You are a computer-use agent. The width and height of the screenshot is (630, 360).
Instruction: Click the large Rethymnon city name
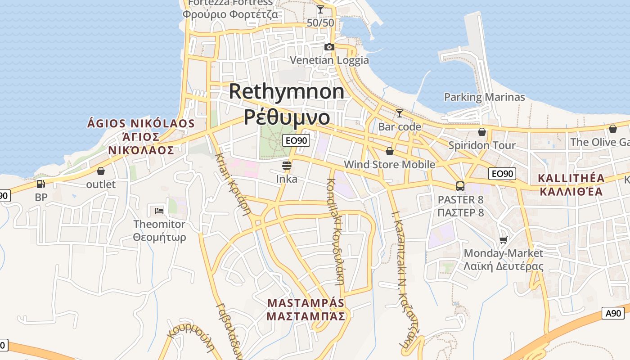[x=287, y=91]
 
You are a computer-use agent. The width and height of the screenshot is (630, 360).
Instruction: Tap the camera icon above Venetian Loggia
[x=329, y=47]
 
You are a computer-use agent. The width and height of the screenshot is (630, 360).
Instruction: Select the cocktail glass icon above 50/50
[x=320, y=9]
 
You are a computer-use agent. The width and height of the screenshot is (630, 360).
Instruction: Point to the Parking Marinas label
[x=484, y=97]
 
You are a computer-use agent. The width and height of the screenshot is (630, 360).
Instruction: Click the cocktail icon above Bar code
[x=399, y=113]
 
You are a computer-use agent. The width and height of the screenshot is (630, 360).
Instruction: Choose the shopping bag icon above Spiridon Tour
[x=482, y=132]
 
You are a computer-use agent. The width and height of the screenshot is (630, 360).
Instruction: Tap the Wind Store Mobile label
[x=389, y=164]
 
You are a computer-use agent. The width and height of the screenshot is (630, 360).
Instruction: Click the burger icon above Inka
[x=287, y=165]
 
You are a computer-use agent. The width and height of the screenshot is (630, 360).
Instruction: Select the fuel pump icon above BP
[x=40, y=184]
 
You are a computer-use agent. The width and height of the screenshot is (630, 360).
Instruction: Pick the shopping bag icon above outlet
[x=101, y=171]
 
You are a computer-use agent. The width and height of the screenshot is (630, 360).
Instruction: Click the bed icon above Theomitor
[x=159, y=210]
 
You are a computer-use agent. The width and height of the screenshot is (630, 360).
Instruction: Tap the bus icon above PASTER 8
[x=460, y=186]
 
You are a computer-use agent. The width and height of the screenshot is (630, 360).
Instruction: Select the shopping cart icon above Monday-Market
[x=503, y=240]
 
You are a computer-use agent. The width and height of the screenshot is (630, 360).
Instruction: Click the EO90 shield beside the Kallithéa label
[x=502, y=174]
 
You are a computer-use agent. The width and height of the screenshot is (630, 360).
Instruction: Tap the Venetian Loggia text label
[x=329, y=60]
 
